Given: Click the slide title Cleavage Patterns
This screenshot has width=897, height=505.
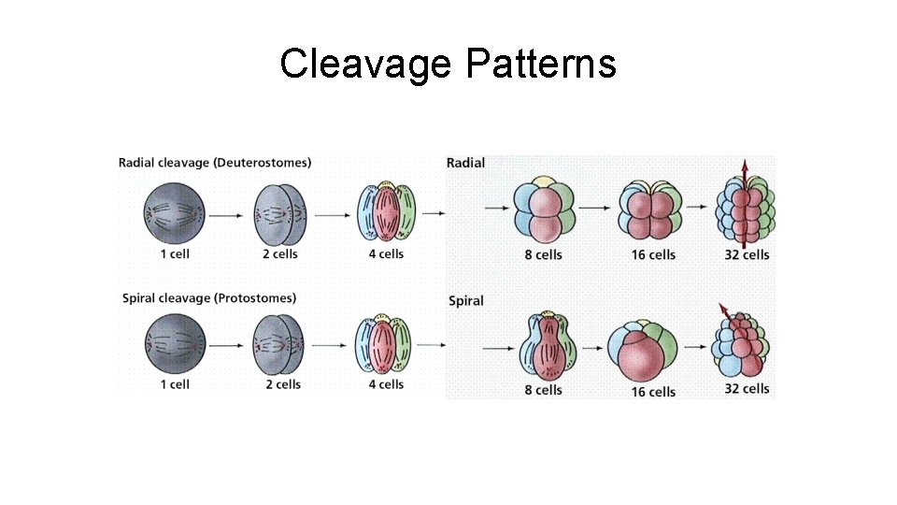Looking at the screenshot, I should click(448, 64).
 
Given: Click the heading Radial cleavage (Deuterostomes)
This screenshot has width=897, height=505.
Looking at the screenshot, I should click(215, 163).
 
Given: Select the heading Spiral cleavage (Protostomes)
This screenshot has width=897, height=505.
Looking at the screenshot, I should click(209, 298).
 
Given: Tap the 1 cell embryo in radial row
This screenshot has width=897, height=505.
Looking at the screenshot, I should click(174, 214).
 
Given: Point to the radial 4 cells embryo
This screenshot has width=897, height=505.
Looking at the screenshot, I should click(386, 214).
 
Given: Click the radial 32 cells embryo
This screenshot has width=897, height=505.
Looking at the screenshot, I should click(744, 211).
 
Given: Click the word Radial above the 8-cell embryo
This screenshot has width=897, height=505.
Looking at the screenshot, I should click(465, 163).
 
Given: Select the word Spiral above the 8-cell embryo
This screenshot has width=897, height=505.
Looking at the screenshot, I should click(466, 301).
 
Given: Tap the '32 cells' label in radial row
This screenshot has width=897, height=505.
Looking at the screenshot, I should click(747, 254).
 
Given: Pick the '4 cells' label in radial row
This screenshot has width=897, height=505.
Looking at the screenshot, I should click(386, 253).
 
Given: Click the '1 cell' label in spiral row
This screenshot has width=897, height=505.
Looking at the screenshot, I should click(175, 384).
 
